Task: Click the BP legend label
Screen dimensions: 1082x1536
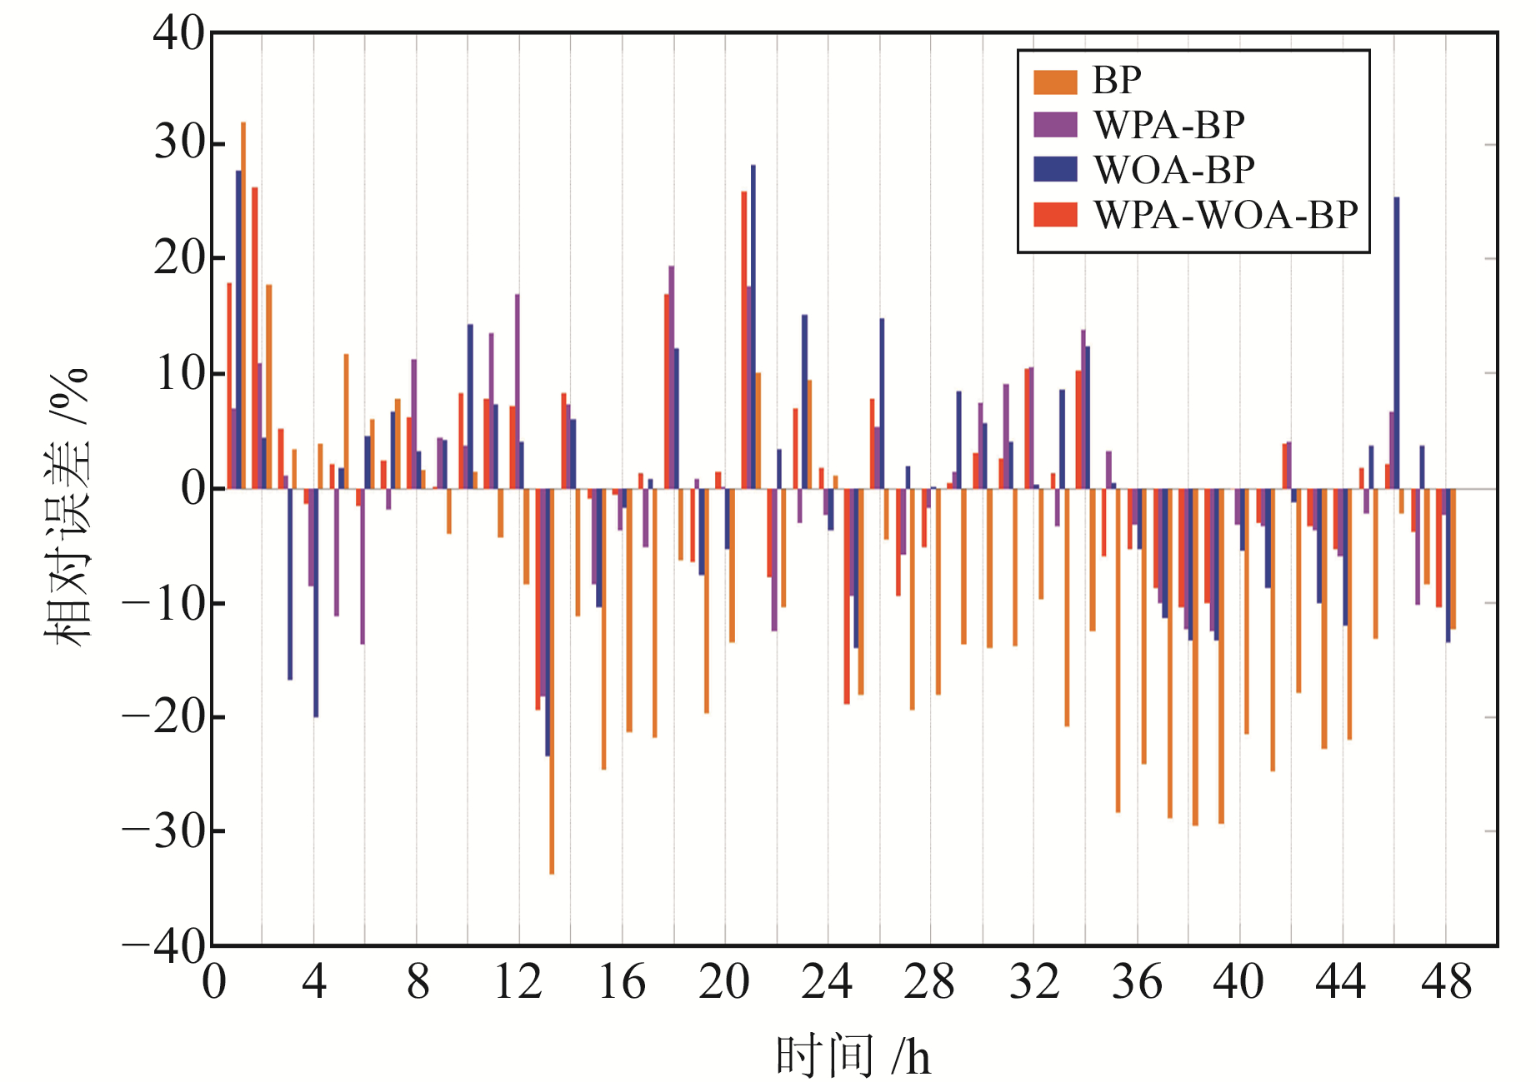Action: [x=1116, y=81]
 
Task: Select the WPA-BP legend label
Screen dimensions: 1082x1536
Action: [x=1168, y=126]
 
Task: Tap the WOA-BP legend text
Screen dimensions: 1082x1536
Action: [x=1173, y=171]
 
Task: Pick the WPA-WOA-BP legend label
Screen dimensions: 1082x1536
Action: [x=1225, y=216]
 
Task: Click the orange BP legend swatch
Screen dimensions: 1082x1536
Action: [x=1055, y=82]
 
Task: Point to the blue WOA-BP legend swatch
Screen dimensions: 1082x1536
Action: [x=1055, y=170]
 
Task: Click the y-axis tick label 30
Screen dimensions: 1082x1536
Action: [x=178, y=143]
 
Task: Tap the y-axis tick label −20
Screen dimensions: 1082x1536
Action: [x=163, y=716]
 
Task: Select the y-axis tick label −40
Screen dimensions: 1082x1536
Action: [x=163, y=945]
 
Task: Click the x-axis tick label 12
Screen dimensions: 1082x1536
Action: [x=518, y=983]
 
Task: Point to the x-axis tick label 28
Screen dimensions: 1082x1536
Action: [x=928, y=983]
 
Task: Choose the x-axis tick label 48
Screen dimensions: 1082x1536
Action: [x=1446, y=983]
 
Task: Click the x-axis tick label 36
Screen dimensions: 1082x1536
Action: [x=1136, y=983]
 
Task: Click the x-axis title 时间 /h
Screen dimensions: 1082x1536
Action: [x=853, y=1056]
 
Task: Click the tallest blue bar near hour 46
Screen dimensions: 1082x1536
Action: [x=1397, y=342]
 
